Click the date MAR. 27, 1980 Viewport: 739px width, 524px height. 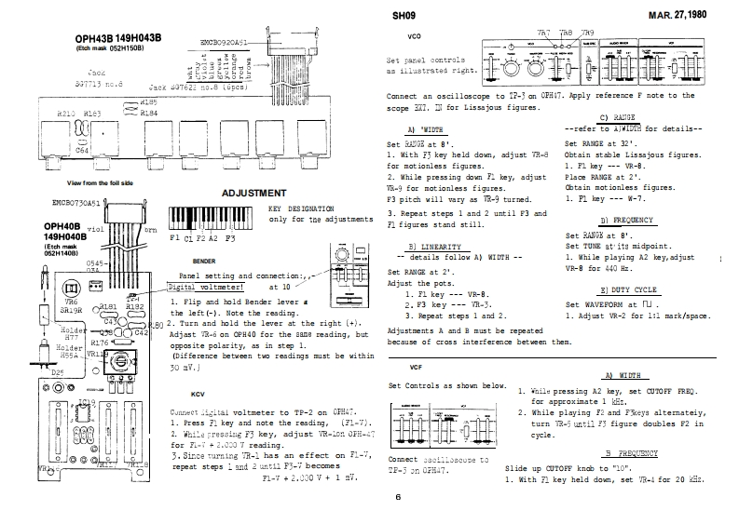tap(694, 17)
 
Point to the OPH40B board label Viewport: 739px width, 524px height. tap(65, 225)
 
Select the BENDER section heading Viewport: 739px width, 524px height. tap(203, 262)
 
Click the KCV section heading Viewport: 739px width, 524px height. tap(198, 394)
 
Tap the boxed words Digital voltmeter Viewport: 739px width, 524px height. tap(205, 288)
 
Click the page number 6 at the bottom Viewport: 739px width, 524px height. tap(397, 498)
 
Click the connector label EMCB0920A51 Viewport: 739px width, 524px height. tap(224, 43)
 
